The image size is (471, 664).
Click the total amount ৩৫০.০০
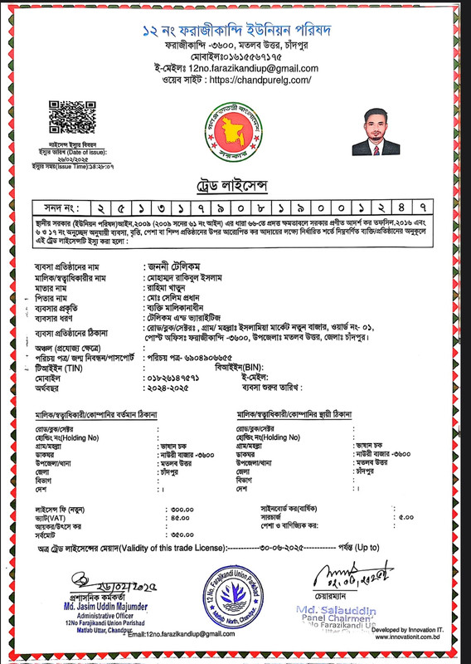pyautogui.click(x=180, y=535)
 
